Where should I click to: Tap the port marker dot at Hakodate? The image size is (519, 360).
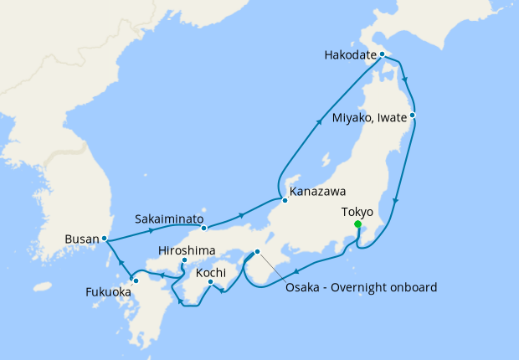(382, 54)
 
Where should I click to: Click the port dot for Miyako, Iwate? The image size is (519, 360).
(413, 115)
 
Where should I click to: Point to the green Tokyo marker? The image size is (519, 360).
(357, 224)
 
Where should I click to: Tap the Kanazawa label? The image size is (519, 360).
(317, 192)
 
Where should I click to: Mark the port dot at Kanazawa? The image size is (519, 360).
(285, 198)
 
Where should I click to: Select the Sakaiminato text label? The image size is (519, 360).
(170, 219)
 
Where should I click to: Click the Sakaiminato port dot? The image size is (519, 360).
(204, 228)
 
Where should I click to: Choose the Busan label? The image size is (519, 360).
(80, 239)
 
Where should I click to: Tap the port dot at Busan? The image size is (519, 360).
(105, 239)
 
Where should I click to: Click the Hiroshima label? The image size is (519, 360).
(187, 250)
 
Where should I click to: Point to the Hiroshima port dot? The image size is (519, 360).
(183, 262)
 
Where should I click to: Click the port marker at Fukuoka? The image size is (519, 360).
(135, 280)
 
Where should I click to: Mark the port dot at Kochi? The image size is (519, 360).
(210, 282)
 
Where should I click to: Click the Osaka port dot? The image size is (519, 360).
(258, 252)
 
